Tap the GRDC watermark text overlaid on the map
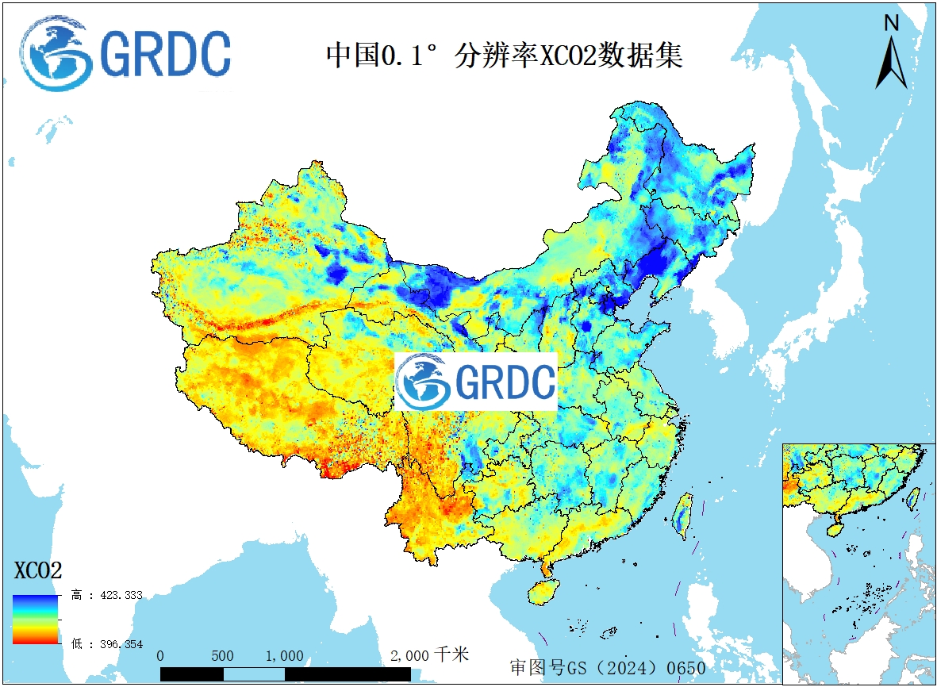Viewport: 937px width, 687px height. pos(505,382)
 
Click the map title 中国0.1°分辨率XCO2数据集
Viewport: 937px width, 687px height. pos(505,56)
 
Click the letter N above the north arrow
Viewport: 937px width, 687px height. pos(891,24)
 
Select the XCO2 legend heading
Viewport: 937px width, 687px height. pos(38,570)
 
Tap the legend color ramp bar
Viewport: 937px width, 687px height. pos(36,619)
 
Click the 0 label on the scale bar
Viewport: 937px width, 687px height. pos(161,656)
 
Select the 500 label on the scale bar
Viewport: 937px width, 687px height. pos(223,656)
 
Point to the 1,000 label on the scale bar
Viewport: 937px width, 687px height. pos(284,656)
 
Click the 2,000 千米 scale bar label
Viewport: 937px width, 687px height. pos(429,655)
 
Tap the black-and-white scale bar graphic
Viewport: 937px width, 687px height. pos(286,674)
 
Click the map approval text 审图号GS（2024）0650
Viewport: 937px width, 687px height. pos(607,667)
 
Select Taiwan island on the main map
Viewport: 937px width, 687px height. pos(682,513)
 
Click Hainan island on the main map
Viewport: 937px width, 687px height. pos(543,592)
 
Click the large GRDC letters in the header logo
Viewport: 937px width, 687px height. pos(167,54)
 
